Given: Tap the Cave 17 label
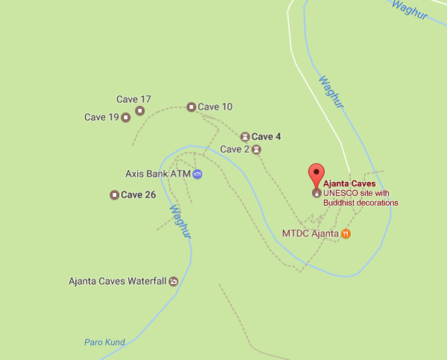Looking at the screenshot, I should [x=134, y=99].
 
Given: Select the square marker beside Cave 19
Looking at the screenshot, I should [x=126, y=117].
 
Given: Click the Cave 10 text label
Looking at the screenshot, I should [x=215, y=107].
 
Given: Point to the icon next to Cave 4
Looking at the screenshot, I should [x=245, y=136].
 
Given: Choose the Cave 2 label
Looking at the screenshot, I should [x=235, y=149].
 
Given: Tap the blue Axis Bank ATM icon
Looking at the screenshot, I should [x=197, y=174].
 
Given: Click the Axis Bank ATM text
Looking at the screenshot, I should [x=158, y=174].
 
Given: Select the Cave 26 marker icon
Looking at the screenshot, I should [x=114, y=195].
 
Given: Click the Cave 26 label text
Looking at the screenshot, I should [x=139, y=195].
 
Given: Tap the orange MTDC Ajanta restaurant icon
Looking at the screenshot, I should [x=346, y=233].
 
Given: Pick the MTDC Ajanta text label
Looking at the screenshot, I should [x=310, y=233].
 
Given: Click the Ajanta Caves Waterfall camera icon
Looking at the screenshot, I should [x=174, y=281].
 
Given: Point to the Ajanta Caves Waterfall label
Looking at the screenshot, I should [x=117, y=281].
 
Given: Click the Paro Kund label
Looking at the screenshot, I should [x=104, y=343].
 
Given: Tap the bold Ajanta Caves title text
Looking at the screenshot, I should [x=350, y=183].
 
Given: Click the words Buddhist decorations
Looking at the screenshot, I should [x=361, y=202].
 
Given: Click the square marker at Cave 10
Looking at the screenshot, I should [x=191, y=107].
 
